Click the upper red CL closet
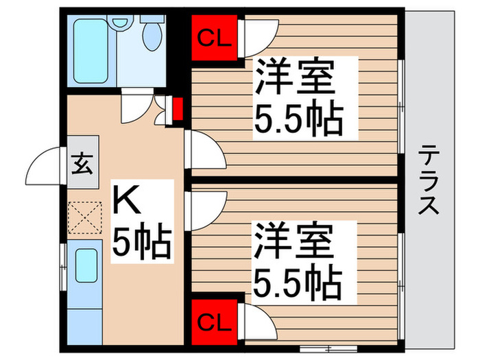[213, 38]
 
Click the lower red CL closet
[213, 320]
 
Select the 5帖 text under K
[141, 241]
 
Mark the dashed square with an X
[84, 218]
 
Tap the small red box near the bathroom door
[177, 109]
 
